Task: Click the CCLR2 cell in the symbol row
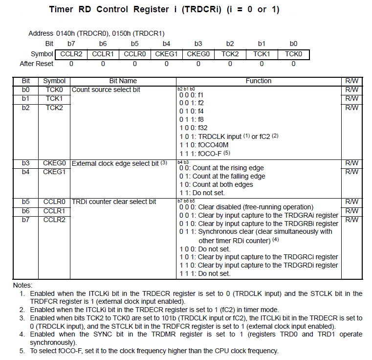[x=71, y=54]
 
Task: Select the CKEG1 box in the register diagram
[x=166, y=54]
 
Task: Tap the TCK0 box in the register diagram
[x=293, y=54]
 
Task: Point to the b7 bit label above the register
[x=71, y=44]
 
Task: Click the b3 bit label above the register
[x=198, y=44]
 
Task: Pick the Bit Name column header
[x=123, y=81]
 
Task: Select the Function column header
[x=259, y=81]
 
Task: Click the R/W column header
[x=351, y=81]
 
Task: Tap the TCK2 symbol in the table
[x=54, y=108]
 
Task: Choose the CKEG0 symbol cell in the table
[x=54, y=163]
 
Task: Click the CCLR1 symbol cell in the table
[x=54, y=211]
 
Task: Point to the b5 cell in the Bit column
[x=25, y=202]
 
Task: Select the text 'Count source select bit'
[x=106, y=90]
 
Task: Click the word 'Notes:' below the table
[x=22, y=285]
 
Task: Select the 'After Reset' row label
[x=36, y=64]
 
